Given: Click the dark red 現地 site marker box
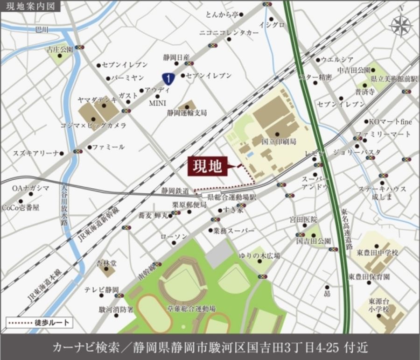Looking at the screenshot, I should point(208,167).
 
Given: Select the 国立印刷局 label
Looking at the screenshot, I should point(279,141).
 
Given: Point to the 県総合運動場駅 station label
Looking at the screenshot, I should point(232,198).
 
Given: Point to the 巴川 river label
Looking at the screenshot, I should point(42,29).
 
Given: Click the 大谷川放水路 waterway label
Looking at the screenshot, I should point(64,205).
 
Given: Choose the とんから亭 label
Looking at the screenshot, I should point(221,14).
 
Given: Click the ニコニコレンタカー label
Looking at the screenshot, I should point(229,33).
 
